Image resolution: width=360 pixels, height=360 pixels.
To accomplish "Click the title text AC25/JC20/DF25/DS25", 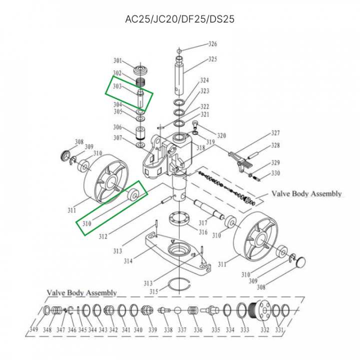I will pos(179,19).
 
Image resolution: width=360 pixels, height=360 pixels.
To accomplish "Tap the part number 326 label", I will pos(212,44).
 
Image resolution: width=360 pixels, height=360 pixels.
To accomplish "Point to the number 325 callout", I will pos(212,59).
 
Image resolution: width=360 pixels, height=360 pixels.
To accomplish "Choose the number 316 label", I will pos(202,232).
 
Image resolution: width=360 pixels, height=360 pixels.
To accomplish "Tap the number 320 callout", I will pos(221,135).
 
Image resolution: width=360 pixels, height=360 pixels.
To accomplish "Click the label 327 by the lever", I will pos(275,133).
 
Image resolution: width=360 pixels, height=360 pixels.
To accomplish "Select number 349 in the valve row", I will pos(33,329).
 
